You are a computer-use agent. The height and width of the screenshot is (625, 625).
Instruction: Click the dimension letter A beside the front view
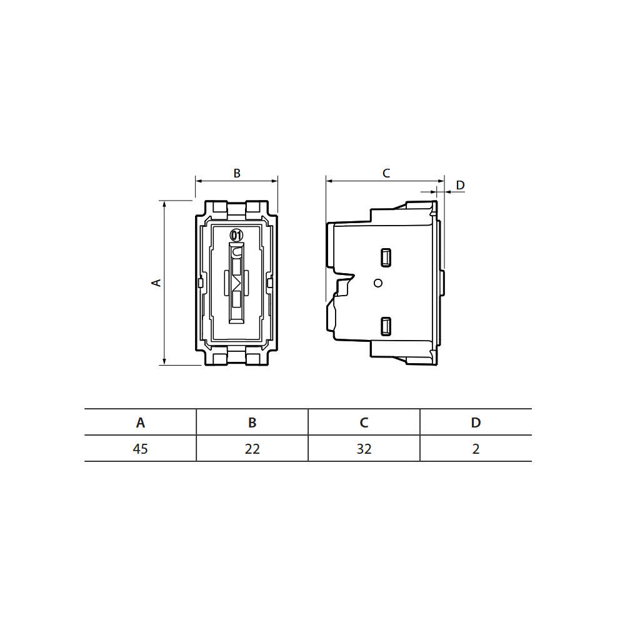click(157, 282)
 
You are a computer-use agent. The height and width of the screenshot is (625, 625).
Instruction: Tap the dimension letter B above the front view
click(237, 173)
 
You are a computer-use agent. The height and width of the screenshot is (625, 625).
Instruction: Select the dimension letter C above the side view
click(386, 173)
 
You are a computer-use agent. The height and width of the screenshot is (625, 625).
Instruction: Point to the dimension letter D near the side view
click(461, 185)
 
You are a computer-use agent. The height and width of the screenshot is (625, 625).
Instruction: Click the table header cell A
click(140, 422)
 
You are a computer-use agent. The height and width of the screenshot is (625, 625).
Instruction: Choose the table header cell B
click(252, 422)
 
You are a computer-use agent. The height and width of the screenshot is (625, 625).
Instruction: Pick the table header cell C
click(364, 422)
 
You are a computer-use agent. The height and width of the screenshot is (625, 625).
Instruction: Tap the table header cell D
click(476, 422)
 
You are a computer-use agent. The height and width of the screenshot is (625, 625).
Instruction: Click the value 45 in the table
click(140, 449)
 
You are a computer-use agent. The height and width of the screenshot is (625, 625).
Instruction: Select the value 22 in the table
click(252, 449)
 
